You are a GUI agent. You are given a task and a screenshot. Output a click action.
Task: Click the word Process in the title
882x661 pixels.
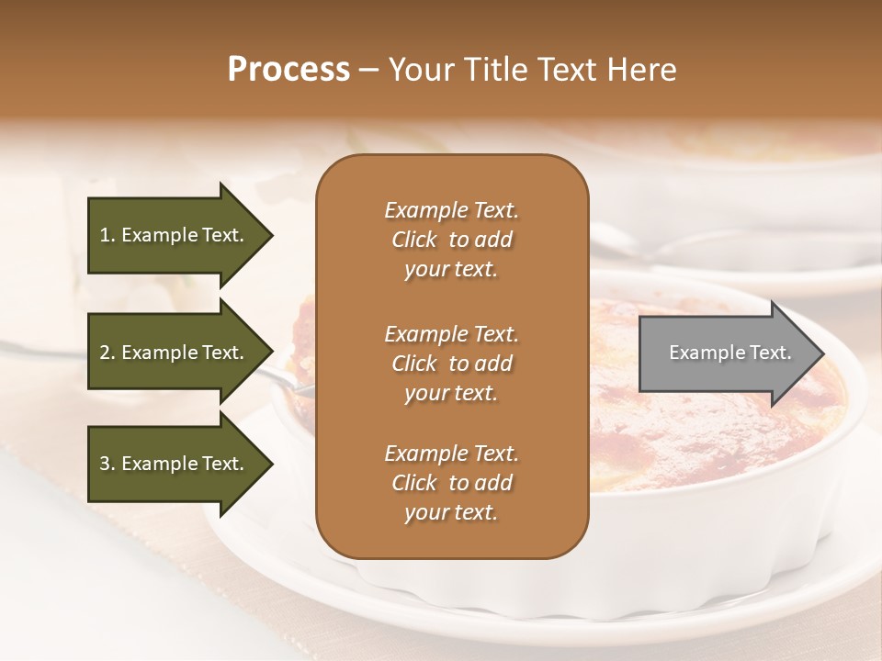288,69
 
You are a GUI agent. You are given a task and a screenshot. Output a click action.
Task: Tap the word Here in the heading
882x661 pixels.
643,69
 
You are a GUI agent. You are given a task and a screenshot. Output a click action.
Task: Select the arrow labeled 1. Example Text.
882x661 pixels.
175,235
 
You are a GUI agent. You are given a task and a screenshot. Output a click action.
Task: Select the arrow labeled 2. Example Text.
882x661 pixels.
175,353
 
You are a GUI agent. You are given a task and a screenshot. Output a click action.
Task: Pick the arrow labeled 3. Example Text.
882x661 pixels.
175,464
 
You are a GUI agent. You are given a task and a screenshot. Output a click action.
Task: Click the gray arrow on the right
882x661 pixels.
726,353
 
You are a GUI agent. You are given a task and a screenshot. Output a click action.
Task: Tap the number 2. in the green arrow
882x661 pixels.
107,353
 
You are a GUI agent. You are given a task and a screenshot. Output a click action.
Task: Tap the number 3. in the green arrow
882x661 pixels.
107,464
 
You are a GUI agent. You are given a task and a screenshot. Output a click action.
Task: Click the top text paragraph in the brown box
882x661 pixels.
451,240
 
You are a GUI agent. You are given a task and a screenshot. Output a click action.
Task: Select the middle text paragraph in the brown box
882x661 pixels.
451,363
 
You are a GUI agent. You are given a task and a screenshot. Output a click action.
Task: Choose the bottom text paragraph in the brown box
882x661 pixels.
451,483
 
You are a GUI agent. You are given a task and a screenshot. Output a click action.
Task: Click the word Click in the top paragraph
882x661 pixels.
414,240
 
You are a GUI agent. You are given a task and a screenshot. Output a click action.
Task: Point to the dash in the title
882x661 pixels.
369,71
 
